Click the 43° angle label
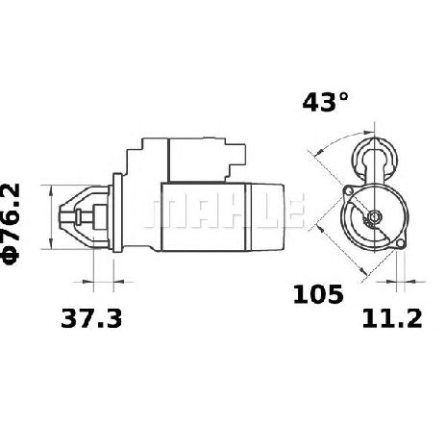point(325,102)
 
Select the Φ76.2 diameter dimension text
point(12,224)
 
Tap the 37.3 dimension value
point(91,318)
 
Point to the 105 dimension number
point(318,294)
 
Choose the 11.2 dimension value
point(392,318)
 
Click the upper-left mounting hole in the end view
point(347,191)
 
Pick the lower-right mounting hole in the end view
point(400,244)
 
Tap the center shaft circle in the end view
point(374,217)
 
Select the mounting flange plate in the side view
point(117,212)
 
